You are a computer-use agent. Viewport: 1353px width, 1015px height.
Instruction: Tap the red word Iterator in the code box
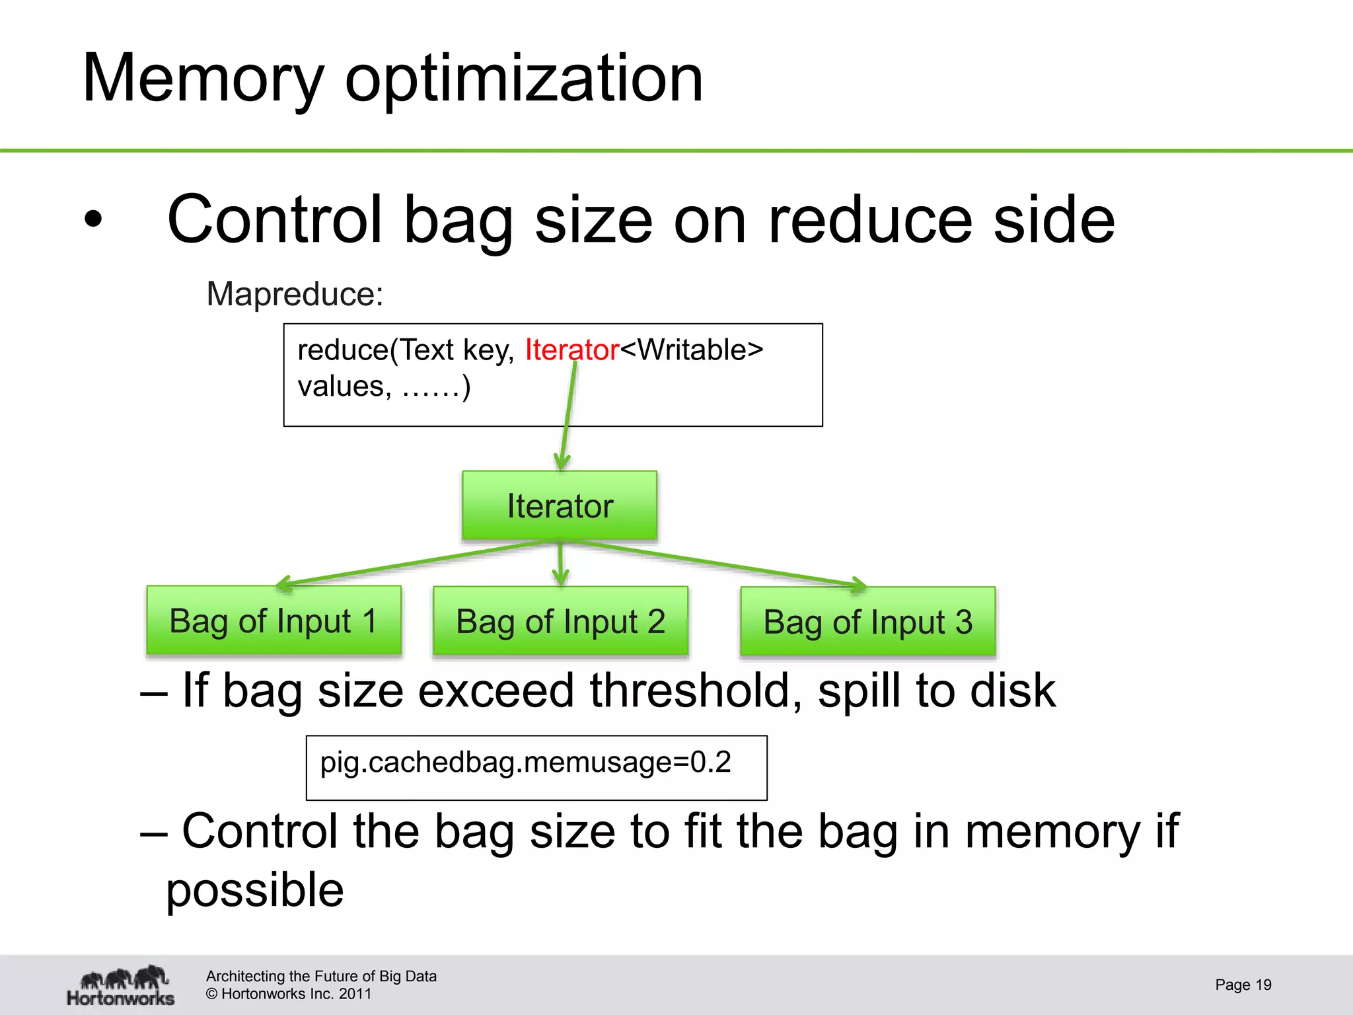tap(571, 350)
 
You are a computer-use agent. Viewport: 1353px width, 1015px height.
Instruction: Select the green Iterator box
tap(560, 506)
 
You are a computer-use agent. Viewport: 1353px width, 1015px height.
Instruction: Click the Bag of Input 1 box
tap(274, 621)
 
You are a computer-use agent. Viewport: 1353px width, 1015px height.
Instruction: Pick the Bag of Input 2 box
tap(560, 622)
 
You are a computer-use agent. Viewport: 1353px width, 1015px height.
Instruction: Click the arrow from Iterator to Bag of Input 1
tap(410, 563)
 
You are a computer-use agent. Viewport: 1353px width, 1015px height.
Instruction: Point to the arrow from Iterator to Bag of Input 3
tap(720, 563)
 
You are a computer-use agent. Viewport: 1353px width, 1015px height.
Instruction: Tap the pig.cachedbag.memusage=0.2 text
tap(525, 763)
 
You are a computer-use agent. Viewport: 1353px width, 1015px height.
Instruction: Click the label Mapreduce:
tap(295, 294)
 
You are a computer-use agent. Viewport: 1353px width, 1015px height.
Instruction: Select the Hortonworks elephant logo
tap(122, 985)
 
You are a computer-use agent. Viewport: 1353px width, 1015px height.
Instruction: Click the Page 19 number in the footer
tap(1243, 985)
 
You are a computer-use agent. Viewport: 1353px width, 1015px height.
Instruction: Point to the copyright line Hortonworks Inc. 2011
tap(289, 994)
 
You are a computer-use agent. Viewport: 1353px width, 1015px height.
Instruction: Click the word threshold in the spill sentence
tap(696, 691)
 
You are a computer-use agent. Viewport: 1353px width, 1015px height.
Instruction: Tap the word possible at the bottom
tap(254, 890)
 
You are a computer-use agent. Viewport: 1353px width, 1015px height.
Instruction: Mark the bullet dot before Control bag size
tap(94, 220)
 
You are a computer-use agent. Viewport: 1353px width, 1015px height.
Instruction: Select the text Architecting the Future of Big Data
tap(321, 976)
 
